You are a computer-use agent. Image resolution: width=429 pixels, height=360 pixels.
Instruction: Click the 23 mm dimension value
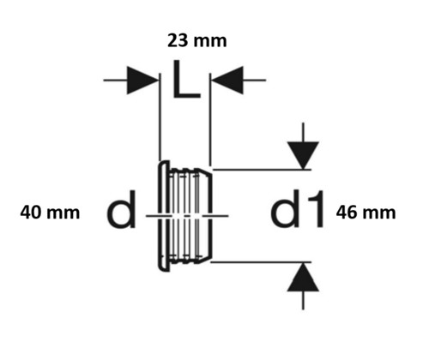[196, 40]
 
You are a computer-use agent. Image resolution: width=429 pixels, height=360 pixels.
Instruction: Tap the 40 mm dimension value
[50, 213]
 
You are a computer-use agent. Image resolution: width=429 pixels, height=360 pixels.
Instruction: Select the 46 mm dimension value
[366, 213]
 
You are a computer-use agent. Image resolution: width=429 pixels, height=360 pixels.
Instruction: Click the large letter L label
[186, 79]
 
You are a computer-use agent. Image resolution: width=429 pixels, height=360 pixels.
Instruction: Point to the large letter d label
[121, 210]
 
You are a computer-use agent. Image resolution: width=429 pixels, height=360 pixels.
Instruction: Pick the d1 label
[298, 208]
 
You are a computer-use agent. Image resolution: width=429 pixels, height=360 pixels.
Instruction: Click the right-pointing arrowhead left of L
[142, 81]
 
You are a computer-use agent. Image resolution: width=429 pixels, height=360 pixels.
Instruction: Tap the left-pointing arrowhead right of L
[227, 81]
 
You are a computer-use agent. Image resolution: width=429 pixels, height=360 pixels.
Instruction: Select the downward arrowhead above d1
[303, 155]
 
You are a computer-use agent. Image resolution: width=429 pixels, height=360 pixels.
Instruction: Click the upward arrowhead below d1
[303, 277]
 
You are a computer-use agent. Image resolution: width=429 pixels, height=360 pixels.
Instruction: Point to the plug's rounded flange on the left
[164, 216]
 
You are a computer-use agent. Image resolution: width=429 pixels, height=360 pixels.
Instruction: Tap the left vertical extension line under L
[160, 117]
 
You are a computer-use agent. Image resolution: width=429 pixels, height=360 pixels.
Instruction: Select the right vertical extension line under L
[210, 119]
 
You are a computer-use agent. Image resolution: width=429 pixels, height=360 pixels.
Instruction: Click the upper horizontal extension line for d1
[262, 170]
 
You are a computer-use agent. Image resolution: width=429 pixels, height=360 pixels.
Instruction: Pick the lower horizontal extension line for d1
[261, 261]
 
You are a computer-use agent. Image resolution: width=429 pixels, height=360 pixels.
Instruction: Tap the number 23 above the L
[178, 40]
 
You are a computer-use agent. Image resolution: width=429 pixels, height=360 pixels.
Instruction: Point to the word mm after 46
[380, 214]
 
